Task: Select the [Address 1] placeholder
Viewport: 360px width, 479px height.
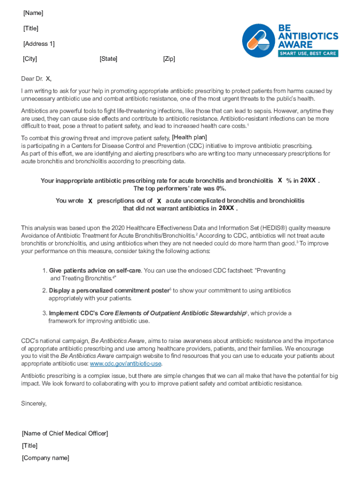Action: [39, 44]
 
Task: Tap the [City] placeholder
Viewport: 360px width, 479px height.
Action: [30, 59]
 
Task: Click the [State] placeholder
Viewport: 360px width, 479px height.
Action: [108, 59]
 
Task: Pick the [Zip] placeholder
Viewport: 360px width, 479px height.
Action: [169, 59]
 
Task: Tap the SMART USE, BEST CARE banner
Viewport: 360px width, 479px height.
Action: [308, 53]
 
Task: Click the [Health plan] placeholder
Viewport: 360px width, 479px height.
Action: [189, 137]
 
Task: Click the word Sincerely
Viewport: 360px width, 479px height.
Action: [34, 403]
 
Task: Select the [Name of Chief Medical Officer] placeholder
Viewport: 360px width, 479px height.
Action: [65, 434]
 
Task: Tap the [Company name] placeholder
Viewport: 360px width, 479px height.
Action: [45, 458]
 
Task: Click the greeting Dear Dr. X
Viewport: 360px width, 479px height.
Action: [36, 79]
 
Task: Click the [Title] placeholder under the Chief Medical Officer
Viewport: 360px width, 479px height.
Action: [30, 446]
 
